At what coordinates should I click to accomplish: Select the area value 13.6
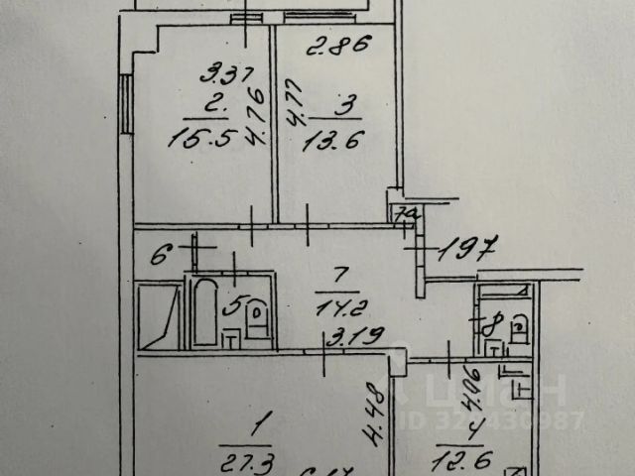332,142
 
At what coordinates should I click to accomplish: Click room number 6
157,252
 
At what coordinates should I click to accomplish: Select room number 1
259,428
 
